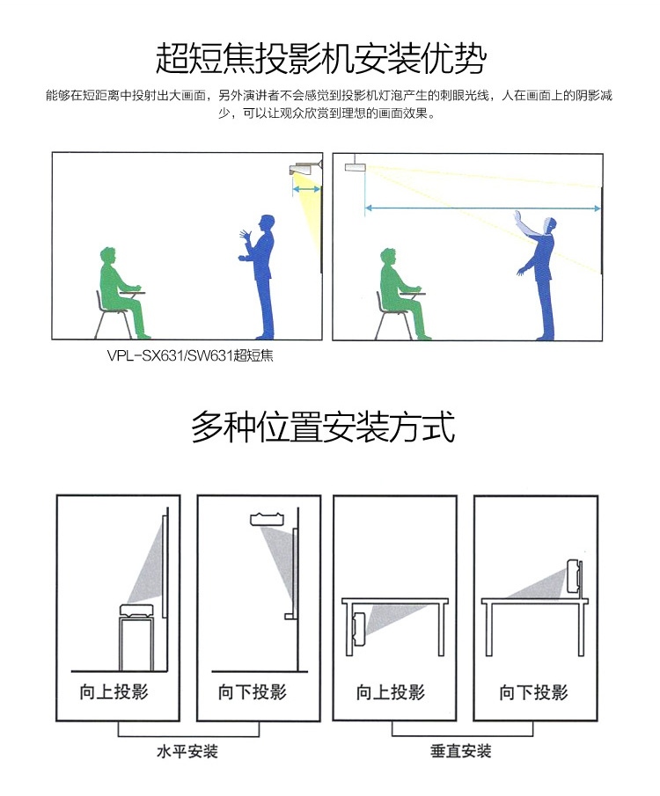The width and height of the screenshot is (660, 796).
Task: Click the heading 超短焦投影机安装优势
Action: (320, 57)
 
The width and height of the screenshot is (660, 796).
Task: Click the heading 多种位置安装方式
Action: (323, 427)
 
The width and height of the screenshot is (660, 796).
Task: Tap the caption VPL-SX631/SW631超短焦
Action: (190, 355)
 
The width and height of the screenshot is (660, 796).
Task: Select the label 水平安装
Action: (187, 751)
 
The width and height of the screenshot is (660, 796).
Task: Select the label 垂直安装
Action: (461, 751)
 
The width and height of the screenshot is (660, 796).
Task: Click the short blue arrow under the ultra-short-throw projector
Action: (306, 189)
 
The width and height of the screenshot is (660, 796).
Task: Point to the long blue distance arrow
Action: (482, 208)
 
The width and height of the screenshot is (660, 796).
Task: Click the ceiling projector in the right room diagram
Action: (354, 166)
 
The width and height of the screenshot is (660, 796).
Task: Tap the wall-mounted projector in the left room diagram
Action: (305, 168)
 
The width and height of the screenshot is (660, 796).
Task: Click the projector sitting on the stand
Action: (136, 610)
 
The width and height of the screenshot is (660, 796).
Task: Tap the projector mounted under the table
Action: (359, 625)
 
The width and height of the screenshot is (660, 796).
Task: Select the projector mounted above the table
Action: (575, 575)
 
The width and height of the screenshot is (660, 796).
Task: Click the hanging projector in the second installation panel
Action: (268, 519)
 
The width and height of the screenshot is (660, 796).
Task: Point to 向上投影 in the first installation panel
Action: (114, 691)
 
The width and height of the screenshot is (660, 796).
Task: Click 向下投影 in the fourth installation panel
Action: (533, 692)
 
